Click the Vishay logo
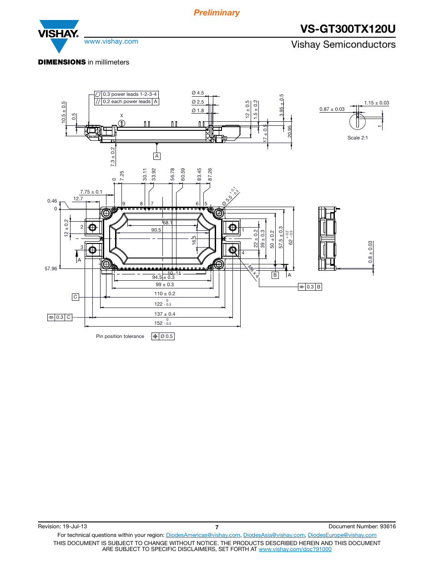(59, 36)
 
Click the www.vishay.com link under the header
(111, 41)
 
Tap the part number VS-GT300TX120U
(348, 29)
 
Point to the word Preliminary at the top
(217, 13)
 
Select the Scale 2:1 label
(358, 138)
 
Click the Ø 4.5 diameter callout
(198, 93)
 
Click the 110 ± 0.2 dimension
(165, 294)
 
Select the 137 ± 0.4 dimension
(165, 314)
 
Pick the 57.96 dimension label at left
(51, 268)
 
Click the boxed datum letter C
(76, 297)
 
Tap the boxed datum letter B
(275, 275)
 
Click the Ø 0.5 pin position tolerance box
(163, 336)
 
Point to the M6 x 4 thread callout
(253, 271)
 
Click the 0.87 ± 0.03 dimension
(332, 109)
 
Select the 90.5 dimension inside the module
(156, 230)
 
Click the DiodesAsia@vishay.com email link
(274, 535)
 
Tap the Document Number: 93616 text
(362, 526)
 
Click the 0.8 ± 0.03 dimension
(370, 252)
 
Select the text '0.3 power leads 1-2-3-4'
(130, 94)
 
